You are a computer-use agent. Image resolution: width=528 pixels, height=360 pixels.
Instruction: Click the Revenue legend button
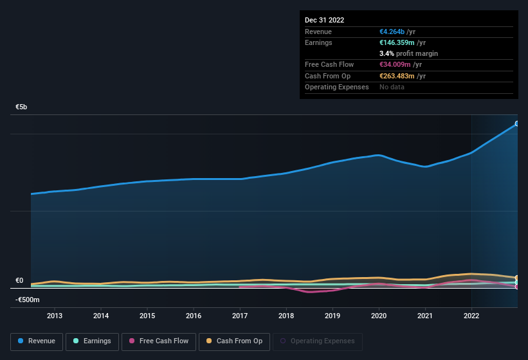pyautogui.click(x=37, y=341)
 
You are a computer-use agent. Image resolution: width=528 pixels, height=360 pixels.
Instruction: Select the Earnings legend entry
pyautogui.click(x=91, y=341)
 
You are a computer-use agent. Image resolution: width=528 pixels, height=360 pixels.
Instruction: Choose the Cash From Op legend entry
pyautogui.click(x=233, y=341)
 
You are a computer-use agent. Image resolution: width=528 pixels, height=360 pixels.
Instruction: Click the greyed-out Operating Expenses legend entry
pyautogui.click(x=317, y=341)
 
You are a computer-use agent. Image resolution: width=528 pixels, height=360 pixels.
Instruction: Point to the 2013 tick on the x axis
pyautogui.click(x=55, y=316)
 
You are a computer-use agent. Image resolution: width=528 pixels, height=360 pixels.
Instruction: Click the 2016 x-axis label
pyautogui.click(x=194, y=316)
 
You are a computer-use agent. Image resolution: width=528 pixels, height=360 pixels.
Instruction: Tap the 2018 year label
pyautogui.click(x=286, y=316)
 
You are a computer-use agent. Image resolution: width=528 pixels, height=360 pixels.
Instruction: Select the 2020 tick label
pyautogui.click(x=379, y=316)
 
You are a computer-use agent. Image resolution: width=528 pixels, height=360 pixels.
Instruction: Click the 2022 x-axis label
pyautogui.click(x=471, y=316)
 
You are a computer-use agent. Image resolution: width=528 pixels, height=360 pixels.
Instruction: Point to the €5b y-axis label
pyautogui.click(x=21, y=107)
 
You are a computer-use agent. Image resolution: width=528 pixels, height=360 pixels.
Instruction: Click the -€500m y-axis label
pyautogui.click(x=28, y=300)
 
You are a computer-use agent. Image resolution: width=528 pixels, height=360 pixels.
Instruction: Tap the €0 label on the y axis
pyautogui.click(x=19, y=281)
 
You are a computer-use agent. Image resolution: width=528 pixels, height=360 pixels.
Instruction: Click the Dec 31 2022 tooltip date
pyautogui.click(x=324, y=20)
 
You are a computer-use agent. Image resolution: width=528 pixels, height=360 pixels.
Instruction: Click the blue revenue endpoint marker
pyautogui.click(x=516, y=123)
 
